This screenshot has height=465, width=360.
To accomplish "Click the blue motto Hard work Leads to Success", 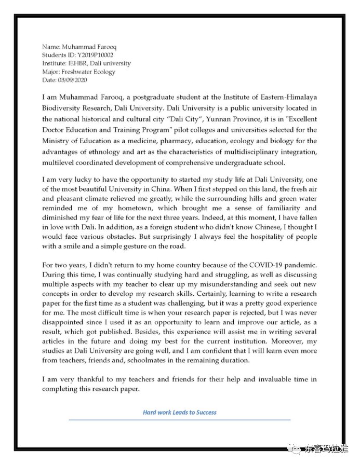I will (180, 413).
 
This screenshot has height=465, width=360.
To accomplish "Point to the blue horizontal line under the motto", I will (180, 419).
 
